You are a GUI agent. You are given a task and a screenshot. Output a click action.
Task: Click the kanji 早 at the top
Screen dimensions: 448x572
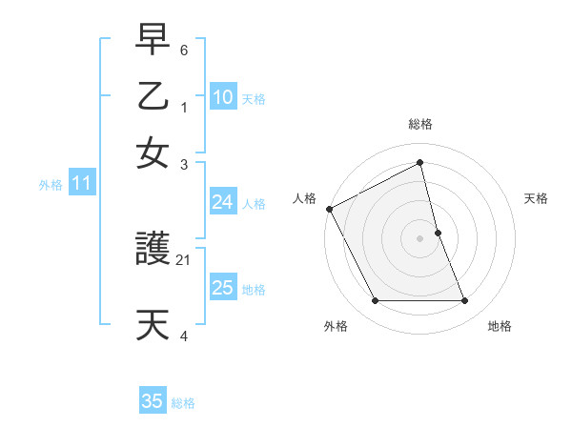coord(154,42)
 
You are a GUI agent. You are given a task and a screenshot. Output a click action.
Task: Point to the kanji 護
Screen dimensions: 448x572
coord(154,251)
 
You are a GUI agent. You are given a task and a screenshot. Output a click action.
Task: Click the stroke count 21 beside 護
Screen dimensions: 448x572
coord(184,258)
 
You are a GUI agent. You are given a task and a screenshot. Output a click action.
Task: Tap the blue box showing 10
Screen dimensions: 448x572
coord(222,97)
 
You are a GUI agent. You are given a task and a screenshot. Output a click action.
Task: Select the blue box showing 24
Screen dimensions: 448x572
coord(222,202)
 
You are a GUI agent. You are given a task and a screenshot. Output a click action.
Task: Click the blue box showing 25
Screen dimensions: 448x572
coord(222,288)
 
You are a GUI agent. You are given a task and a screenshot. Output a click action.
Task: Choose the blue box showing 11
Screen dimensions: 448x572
coord(81,183)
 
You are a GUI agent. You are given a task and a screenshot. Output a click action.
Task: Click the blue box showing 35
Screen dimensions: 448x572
coord(153,401)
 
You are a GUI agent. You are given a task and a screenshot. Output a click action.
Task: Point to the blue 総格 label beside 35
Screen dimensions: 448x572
coord(183,403)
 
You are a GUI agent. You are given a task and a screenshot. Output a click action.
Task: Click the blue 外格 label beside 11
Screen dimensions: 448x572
coord(50,185)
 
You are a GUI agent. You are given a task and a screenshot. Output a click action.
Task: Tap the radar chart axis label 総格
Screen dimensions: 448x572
coord(420,124)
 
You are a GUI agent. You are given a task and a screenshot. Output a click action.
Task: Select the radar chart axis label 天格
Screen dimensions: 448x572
coord(536,198)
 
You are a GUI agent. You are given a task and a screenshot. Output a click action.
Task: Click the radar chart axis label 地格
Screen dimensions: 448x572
coord(500,326)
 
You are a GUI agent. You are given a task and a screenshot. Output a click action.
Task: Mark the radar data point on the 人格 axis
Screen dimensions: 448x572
coord(330,209)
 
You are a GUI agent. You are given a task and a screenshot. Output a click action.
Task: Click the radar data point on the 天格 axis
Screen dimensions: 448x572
coord(438,233)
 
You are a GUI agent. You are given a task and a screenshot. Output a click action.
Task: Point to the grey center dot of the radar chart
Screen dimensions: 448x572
coord(420,238)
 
